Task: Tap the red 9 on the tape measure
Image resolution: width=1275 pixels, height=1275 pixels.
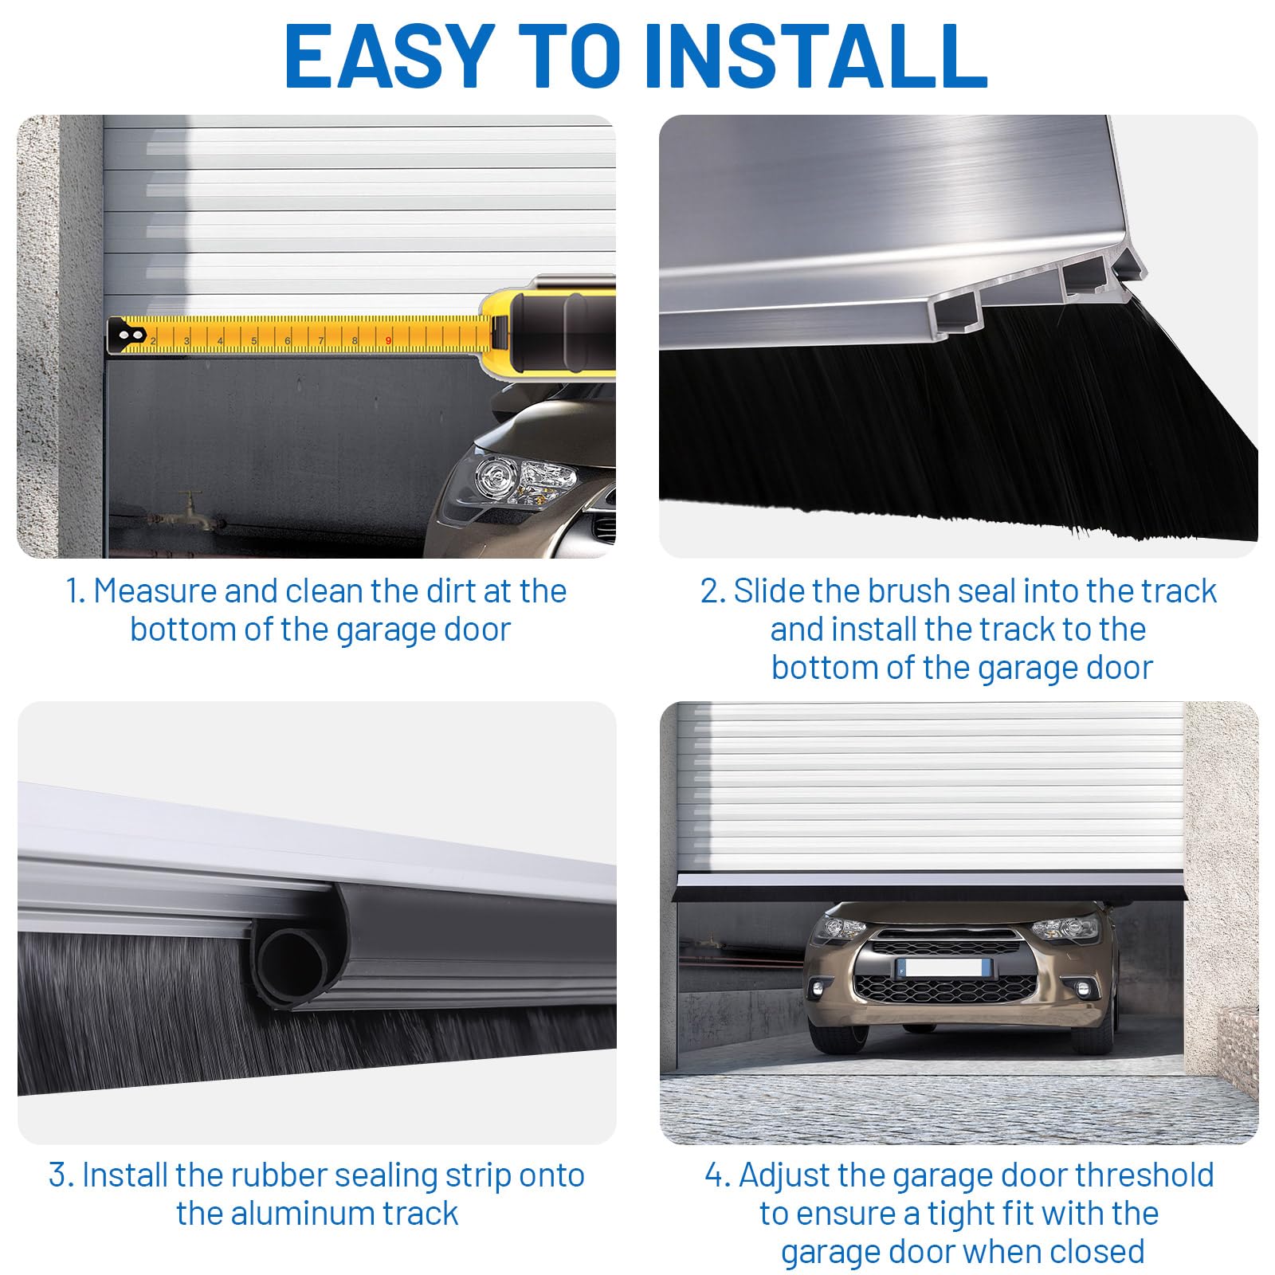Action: coord(389,341)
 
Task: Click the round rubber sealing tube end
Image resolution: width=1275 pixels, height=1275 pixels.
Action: coord(292,961)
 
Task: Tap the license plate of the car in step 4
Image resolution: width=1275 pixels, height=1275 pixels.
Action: coord(942,968)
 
